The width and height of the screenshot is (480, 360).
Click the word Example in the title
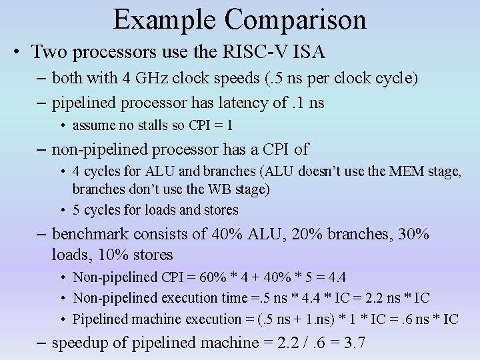tap(165, 20)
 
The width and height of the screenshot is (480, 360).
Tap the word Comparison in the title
tap(295, 20)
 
